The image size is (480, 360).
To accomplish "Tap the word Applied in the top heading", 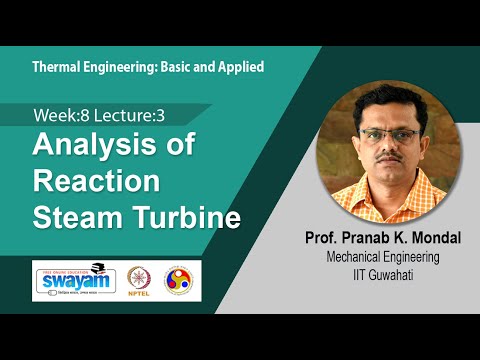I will click(238, 67).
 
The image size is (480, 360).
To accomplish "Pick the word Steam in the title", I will click(76, 218).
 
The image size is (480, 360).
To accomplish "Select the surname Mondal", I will click(440, 240).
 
